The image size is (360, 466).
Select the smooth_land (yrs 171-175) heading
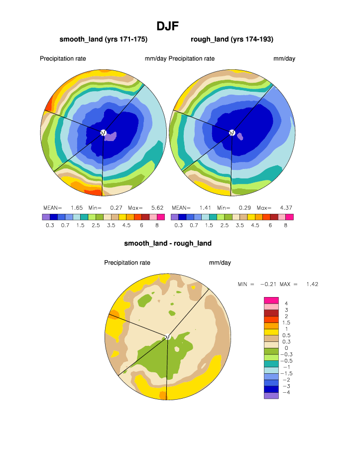click(x=104, y=39)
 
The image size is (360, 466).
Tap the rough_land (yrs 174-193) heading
click(x=232, y=39)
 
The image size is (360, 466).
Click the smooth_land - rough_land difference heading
click(x=168, y=243)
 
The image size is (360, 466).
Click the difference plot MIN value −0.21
click(x=268, y=284)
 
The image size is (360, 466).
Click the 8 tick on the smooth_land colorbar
click(x=157, y=225)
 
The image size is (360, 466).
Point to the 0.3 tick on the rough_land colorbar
click(x=178, y=225)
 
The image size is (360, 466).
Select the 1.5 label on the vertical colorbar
click(x=287, y=322)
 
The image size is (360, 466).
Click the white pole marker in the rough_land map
click(x=232, y=132)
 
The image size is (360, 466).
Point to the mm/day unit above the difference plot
click(x=220, y=263)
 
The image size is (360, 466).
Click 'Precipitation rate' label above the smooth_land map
click(x=63, y=59)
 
